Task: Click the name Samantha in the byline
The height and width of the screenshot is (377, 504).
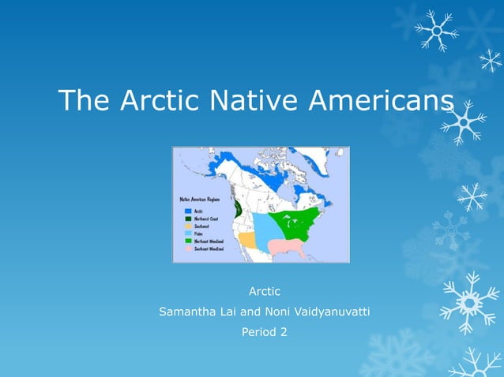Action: pyautogui.click(x=188, y=312)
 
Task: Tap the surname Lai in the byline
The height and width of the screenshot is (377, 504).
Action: pyautogui.click(x=230, y=312)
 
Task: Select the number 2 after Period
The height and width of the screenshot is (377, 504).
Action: pyautogui.click(x=283, y=332)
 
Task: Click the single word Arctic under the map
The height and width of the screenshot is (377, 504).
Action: pyautogui.click(x=265, y=292)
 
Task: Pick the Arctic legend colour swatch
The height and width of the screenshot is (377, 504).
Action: pyautogui.click(x=188, y=211)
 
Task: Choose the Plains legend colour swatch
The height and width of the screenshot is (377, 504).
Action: pyautogui.click(x=188, y=233)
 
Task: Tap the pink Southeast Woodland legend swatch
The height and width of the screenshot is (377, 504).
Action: pyautogui.click(x=188, y=248)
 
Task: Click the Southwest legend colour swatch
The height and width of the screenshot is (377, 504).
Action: pyautogui.click(x=188, y=226)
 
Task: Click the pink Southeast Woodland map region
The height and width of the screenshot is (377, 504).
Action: pyautogui.click(x=287, y=248)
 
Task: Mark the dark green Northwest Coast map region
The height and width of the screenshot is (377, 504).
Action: pyautogui.click(x=238, y=209)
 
